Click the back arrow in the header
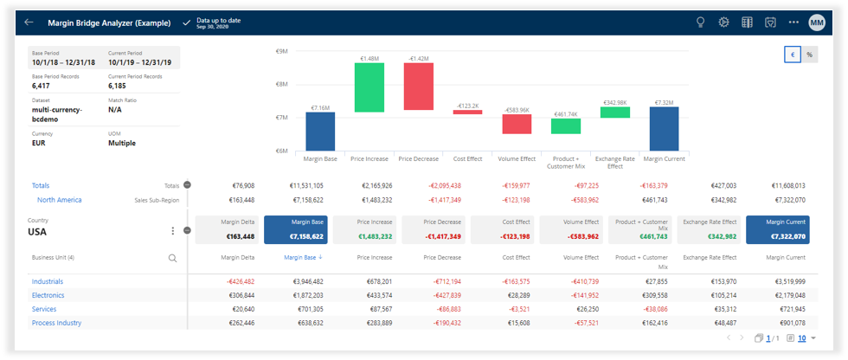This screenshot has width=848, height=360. pyautogui.click(x=29, y=22)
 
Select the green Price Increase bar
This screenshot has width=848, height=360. pyautogui.click(x=369, y=87)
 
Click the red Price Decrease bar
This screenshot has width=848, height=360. pyautogui.click(x=418, y=87)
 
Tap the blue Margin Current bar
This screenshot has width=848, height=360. pyautogui.click(x=665, y=129)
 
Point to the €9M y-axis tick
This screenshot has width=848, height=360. pyautogui.click(x=281, y=52)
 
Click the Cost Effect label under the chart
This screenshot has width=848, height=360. pyautogui.click(x=468, y=158)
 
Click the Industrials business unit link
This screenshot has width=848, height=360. pyautogui.click(x=48, y=281)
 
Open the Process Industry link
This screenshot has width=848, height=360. pyautogui.click(x=57, y=323)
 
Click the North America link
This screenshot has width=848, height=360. pyautogui.click(x=59, y=200)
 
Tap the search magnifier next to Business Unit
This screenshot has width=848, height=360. pyautogui.click(x=173, y=258)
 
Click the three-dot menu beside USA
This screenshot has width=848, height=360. pyautogui.click(x=173, y=231)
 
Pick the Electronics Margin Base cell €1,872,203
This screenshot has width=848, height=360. pyautogui.click(x=302, y=295)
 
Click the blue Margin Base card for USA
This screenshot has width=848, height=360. pyautogui.click(x=295, y=229)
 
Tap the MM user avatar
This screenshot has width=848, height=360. pyautogui.click(x=817, y=22)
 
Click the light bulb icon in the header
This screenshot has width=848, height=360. pyautogui.click(x=701, y=22)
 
